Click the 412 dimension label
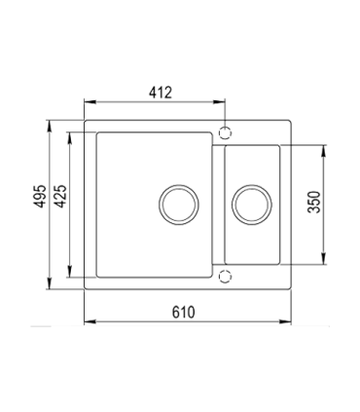161,93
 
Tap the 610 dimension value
184,313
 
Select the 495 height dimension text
41,196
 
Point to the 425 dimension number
60,196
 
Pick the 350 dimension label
314,202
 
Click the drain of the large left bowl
179,205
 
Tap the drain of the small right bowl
252,205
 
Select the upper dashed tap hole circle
225,133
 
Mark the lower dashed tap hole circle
225,277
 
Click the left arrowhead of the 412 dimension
90,102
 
